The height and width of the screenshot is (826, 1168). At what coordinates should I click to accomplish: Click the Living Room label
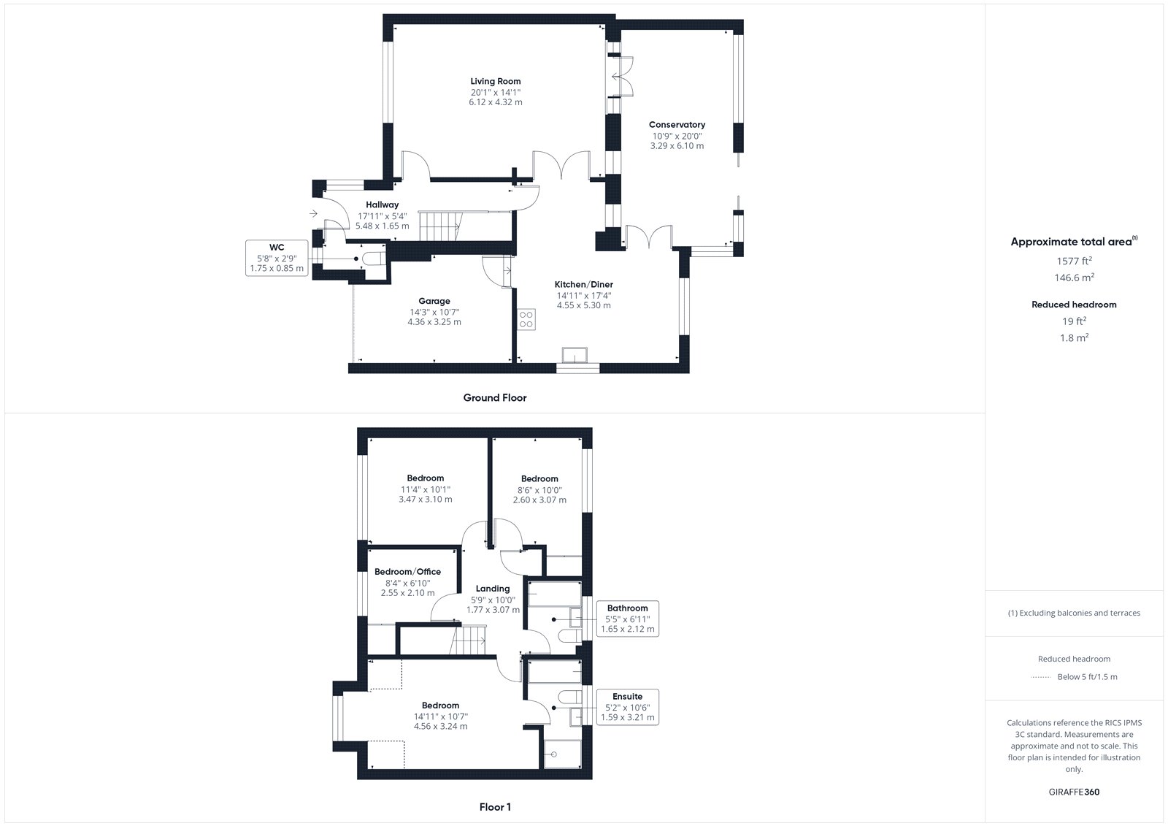click(x=496, y=81)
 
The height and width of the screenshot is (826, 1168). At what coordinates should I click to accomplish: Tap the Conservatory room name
click(x=677, y=125)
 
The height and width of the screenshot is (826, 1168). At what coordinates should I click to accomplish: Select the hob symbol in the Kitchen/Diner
click(x=526, y=319)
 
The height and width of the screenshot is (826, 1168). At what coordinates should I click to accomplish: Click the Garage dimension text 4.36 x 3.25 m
click(x=434, y=322)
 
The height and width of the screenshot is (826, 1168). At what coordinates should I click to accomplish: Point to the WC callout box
click(x=277, y=258)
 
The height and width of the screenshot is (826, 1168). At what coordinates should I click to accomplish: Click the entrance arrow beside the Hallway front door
click(x=313, y=213)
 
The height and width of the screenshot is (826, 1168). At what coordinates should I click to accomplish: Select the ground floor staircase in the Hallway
click(x=441, y=226)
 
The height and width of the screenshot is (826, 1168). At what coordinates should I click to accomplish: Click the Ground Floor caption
click(x=495, y=397)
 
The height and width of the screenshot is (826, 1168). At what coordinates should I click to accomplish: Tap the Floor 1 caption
click(x=495, y=807)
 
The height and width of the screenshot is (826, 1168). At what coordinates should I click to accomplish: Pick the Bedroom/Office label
click(x=408, y=572)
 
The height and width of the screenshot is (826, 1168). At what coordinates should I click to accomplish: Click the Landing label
click(x=493, y=589)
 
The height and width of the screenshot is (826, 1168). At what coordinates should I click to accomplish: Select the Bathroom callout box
click(x=627, y=619)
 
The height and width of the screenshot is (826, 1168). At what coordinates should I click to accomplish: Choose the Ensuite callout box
click(x=627, y=707)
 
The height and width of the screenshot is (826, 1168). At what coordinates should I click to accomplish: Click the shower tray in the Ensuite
click(x=563, y=754)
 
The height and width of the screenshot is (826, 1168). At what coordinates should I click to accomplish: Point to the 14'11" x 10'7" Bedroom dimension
click(x=441, y=716)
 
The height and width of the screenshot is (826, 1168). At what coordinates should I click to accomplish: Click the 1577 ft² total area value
click(x=1074, y=261)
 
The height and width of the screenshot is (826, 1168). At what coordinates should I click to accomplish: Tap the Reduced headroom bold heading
click(x=1074, y=305)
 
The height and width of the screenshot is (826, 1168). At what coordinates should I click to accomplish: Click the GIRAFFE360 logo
click(x=1074, y=792)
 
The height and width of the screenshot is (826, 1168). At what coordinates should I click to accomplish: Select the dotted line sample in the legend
click(x=1041, y=677)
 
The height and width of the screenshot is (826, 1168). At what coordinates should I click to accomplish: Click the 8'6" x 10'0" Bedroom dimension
click(x=539, y=490)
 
